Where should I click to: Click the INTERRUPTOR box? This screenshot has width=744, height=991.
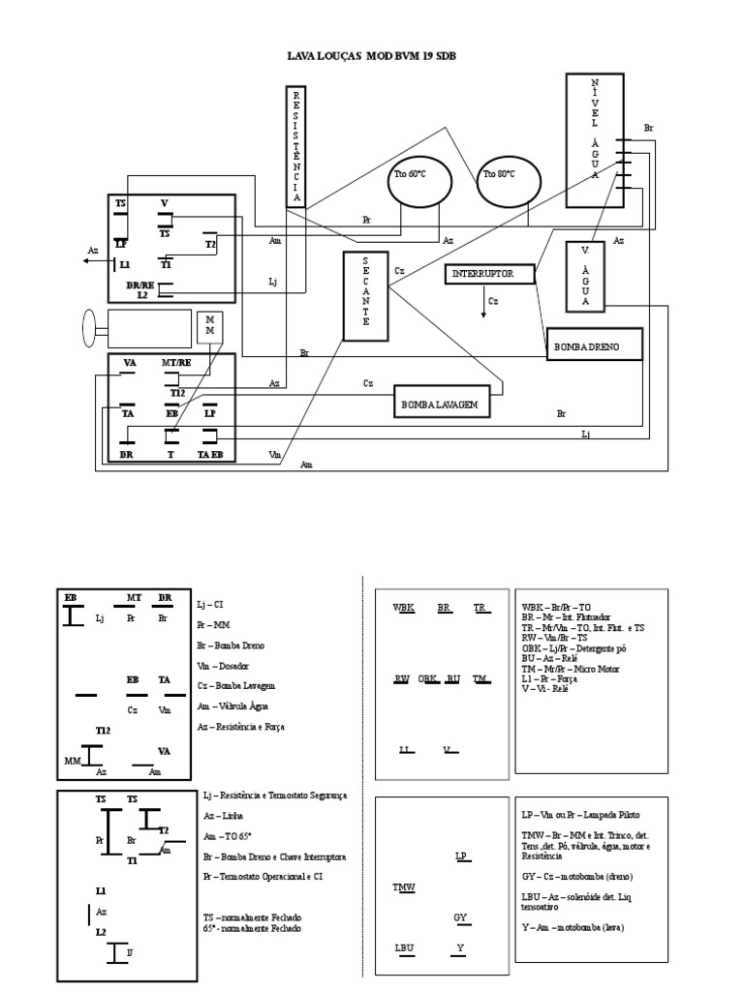tap(492, 275)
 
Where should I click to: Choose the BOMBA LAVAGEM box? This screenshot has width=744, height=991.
tap(441, 401)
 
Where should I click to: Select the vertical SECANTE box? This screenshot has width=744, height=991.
tap(365, 296)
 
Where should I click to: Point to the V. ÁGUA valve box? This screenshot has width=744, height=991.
tap(584, 276)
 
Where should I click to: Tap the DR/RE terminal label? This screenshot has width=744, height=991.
tap(140, 285)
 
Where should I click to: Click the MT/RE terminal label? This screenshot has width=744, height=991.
tap(175, 362)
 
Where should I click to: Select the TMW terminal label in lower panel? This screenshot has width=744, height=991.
tap(403, 886)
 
